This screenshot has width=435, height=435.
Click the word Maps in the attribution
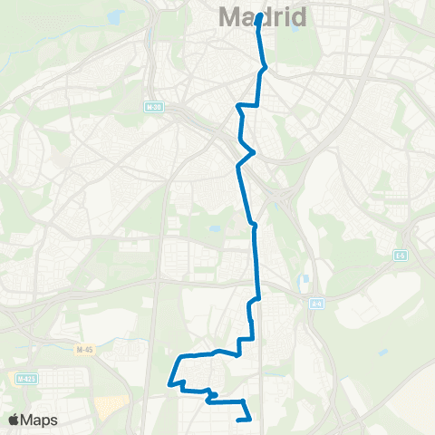click(x=41, y=420)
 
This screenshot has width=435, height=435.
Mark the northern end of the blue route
click(x=260, y=15)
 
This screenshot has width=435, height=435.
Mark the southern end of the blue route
click(x=238, y=420)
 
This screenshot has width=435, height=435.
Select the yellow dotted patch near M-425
click(x=109, y=407)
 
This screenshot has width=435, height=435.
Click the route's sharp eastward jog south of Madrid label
click(x=265, y=67)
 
